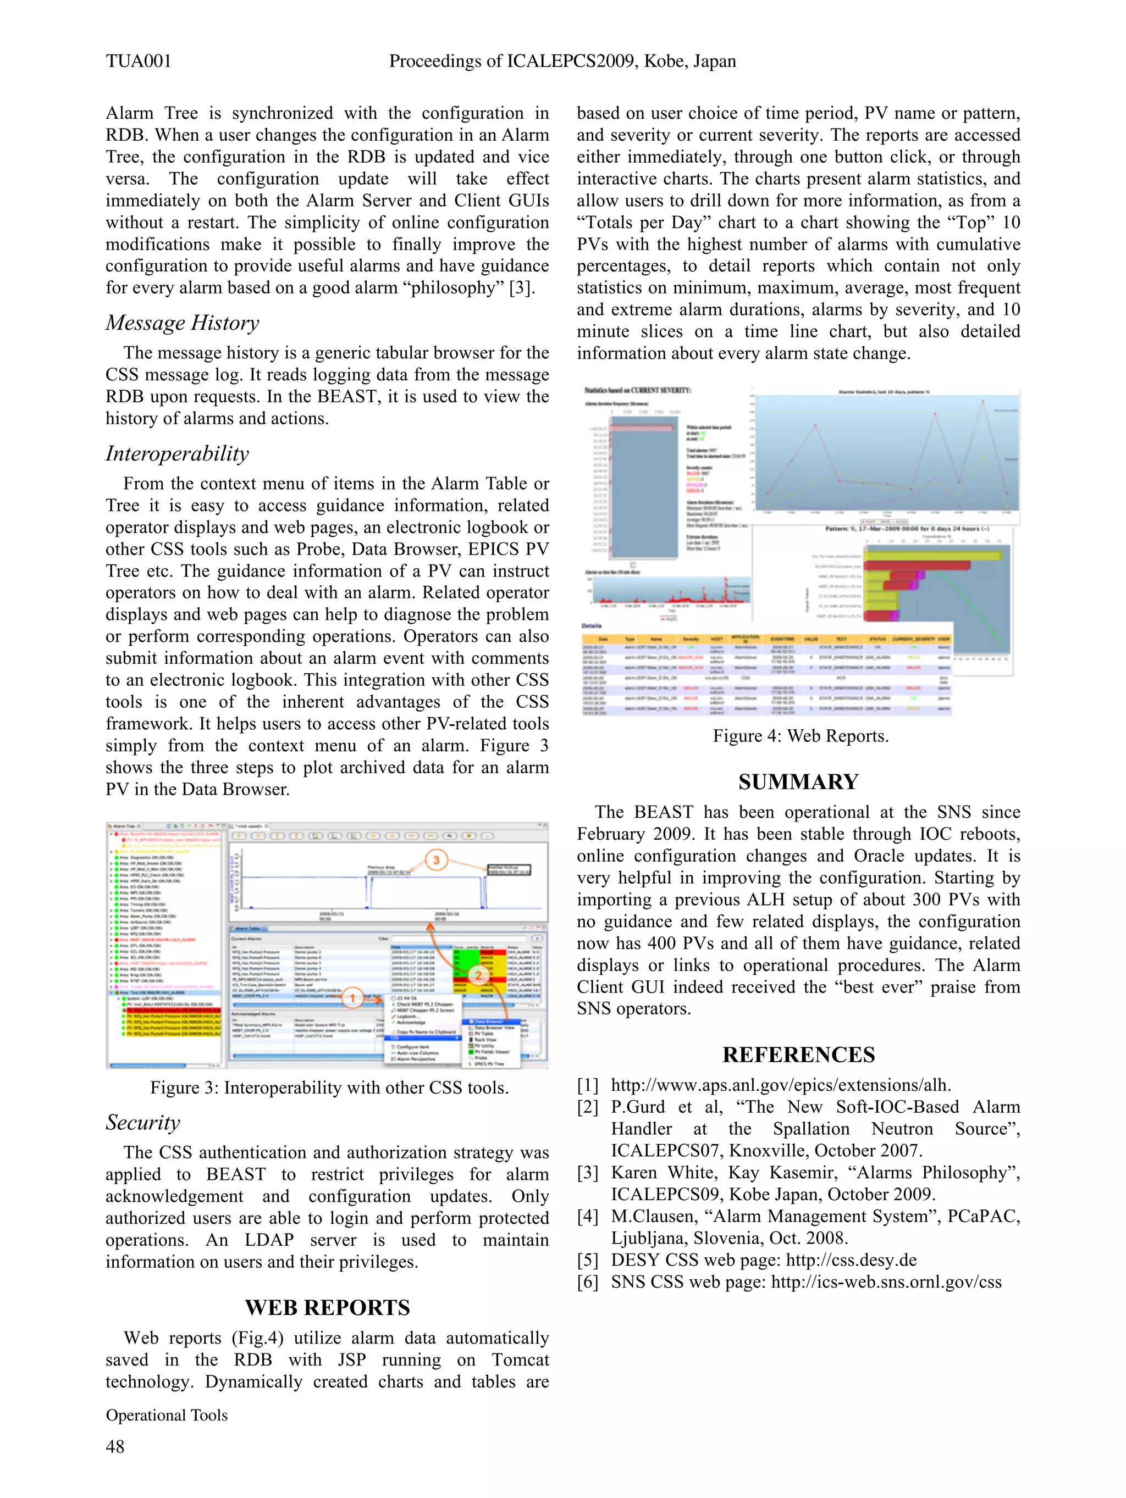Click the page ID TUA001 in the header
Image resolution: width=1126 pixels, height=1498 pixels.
(138, 61)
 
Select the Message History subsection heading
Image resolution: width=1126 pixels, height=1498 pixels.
(182, 323)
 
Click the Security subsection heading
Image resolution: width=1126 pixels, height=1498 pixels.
(142, 1122)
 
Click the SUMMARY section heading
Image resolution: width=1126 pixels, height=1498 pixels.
(798, 781)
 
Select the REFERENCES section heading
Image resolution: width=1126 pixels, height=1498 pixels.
(798, 1055)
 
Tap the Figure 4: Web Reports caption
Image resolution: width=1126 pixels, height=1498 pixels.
(800, 736)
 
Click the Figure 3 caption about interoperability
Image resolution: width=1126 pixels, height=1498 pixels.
(329, 1088)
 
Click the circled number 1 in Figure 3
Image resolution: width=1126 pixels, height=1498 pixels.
(352, 998)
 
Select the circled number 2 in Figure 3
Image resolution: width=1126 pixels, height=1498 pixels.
(478, 975)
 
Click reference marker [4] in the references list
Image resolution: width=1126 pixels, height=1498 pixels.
(587, 1216)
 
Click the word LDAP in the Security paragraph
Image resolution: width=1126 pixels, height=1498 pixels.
(269, 1239)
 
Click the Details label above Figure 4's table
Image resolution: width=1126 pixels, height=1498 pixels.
(592, 626)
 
